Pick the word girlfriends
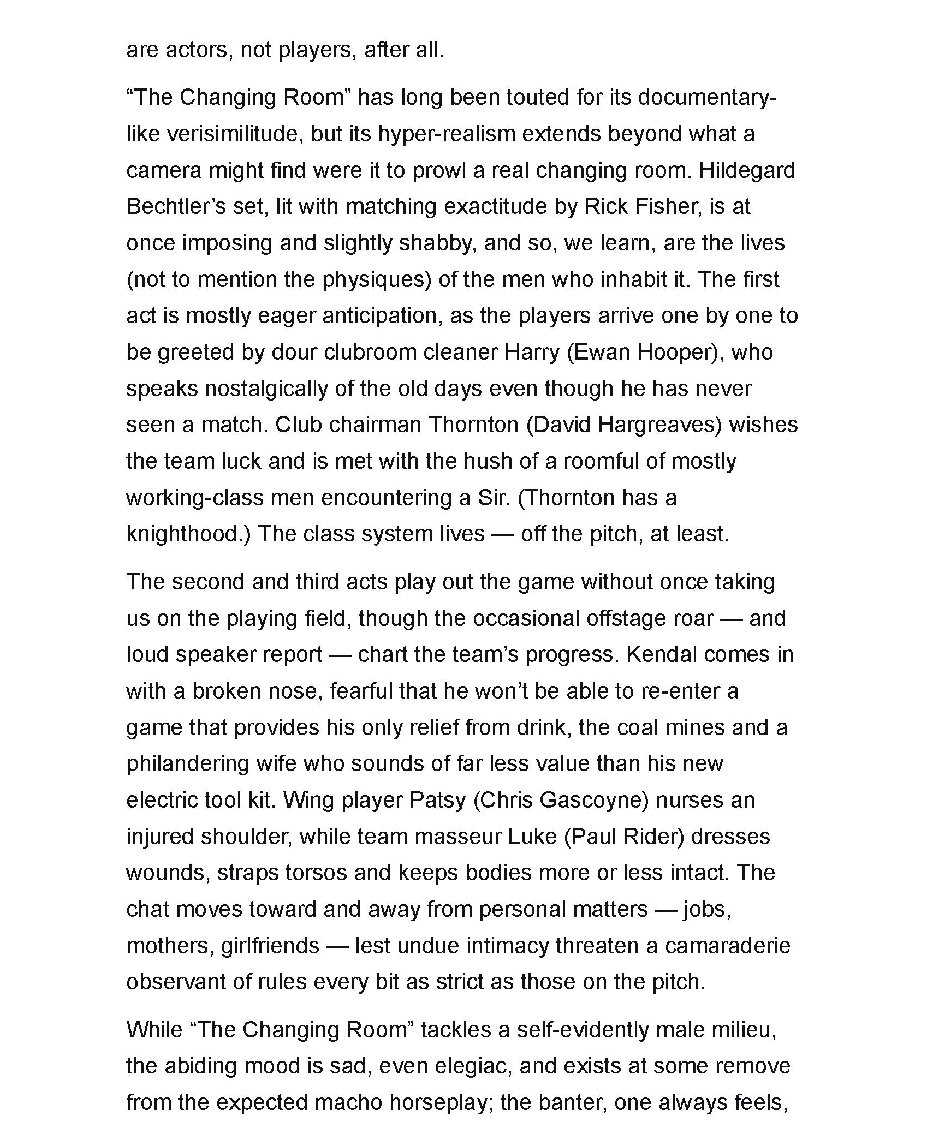[270, 946]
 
